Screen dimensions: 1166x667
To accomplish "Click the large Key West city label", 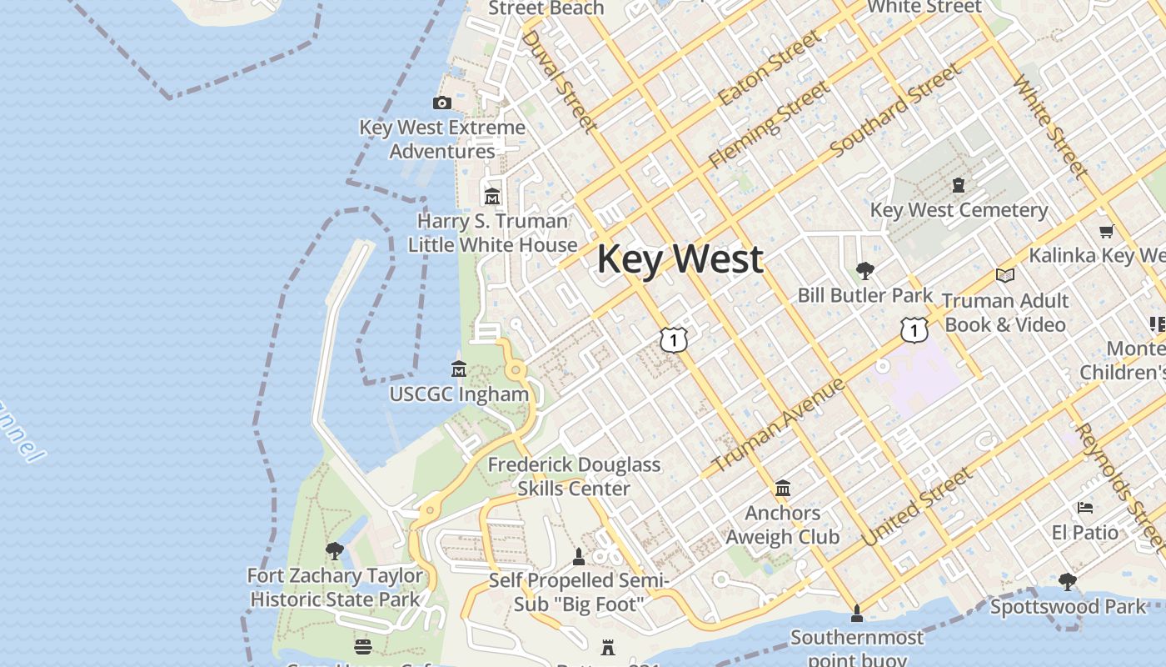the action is tap(680, 258).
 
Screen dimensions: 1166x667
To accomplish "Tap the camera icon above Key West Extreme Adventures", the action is tap(442, 103).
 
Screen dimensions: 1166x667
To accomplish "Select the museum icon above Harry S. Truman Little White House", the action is tap(492, 197).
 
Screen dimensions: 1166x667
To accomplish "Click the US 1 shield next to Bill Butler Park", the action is tap(914, 330).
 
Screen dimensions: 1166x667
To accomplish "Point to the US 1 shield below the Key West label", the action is tap(674, 339).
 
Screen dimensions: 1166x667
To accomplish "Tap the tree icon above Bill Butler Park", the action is tap(865, 270).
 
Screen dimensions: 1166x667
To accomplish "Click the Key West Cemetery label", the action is tap(959, 210).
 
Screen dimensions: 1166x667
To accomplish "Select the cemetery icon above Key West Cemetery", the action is tap(959, 184).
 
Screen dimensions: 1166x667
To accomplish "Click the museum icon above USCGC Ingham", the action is tap(458, 369).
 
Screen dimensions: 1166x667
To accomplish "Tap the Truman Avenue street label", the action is tap(779, 425).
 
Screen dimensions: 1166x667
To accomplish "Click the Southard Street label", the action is tap(895, 110).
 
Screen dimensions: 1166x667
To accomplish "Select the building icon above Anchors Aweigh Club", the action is tap(782, 488).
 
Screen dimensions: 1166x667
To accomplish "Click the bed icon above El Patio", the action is tap(1084, 507).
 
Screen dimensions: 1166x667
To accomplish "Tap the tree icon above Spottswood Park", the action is tap(1068, 581).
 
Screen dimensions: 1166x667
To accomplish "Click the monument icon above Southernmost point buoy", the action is tap(856, 614).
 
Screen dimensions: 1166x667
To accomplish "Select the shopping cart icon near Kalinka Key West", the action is tap(1106, 232).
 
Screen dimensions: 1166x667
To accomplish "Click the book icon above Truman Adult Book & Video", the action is tap(1005, 275).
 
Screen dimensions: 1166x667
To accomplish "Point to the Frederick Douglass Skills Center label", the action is tap(574, 476).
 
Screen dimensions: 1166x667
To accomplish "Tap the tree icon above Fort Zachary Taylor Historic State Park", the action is tap(335, 550).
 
